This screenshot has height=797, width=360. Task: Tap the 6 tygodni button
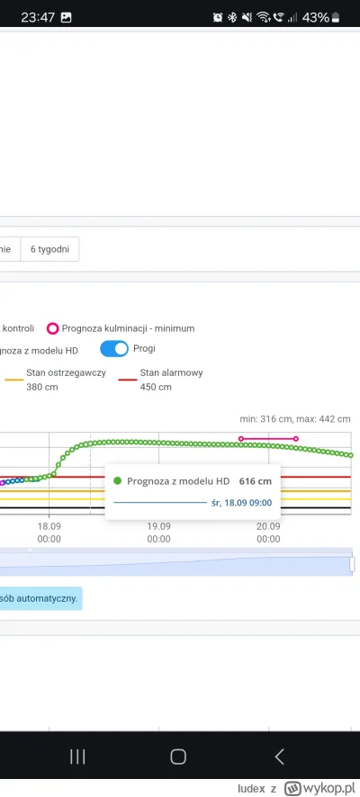50,248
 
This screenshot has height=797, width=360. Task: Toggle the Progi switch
113,349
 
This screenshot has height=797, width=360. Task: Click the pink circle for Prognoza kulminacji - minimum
53,328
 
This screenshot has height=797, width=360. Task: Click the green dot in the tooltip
118,481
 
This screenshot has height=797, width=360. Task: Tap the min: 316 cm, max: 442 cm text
294,418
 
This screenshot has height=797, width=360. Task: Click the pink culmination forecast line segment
268,439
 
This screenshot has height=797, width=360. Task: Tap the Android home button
178,757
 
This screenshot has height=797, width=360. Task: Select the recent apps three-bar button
77,757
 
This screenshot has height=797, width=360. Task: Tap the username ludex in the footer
252,787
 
